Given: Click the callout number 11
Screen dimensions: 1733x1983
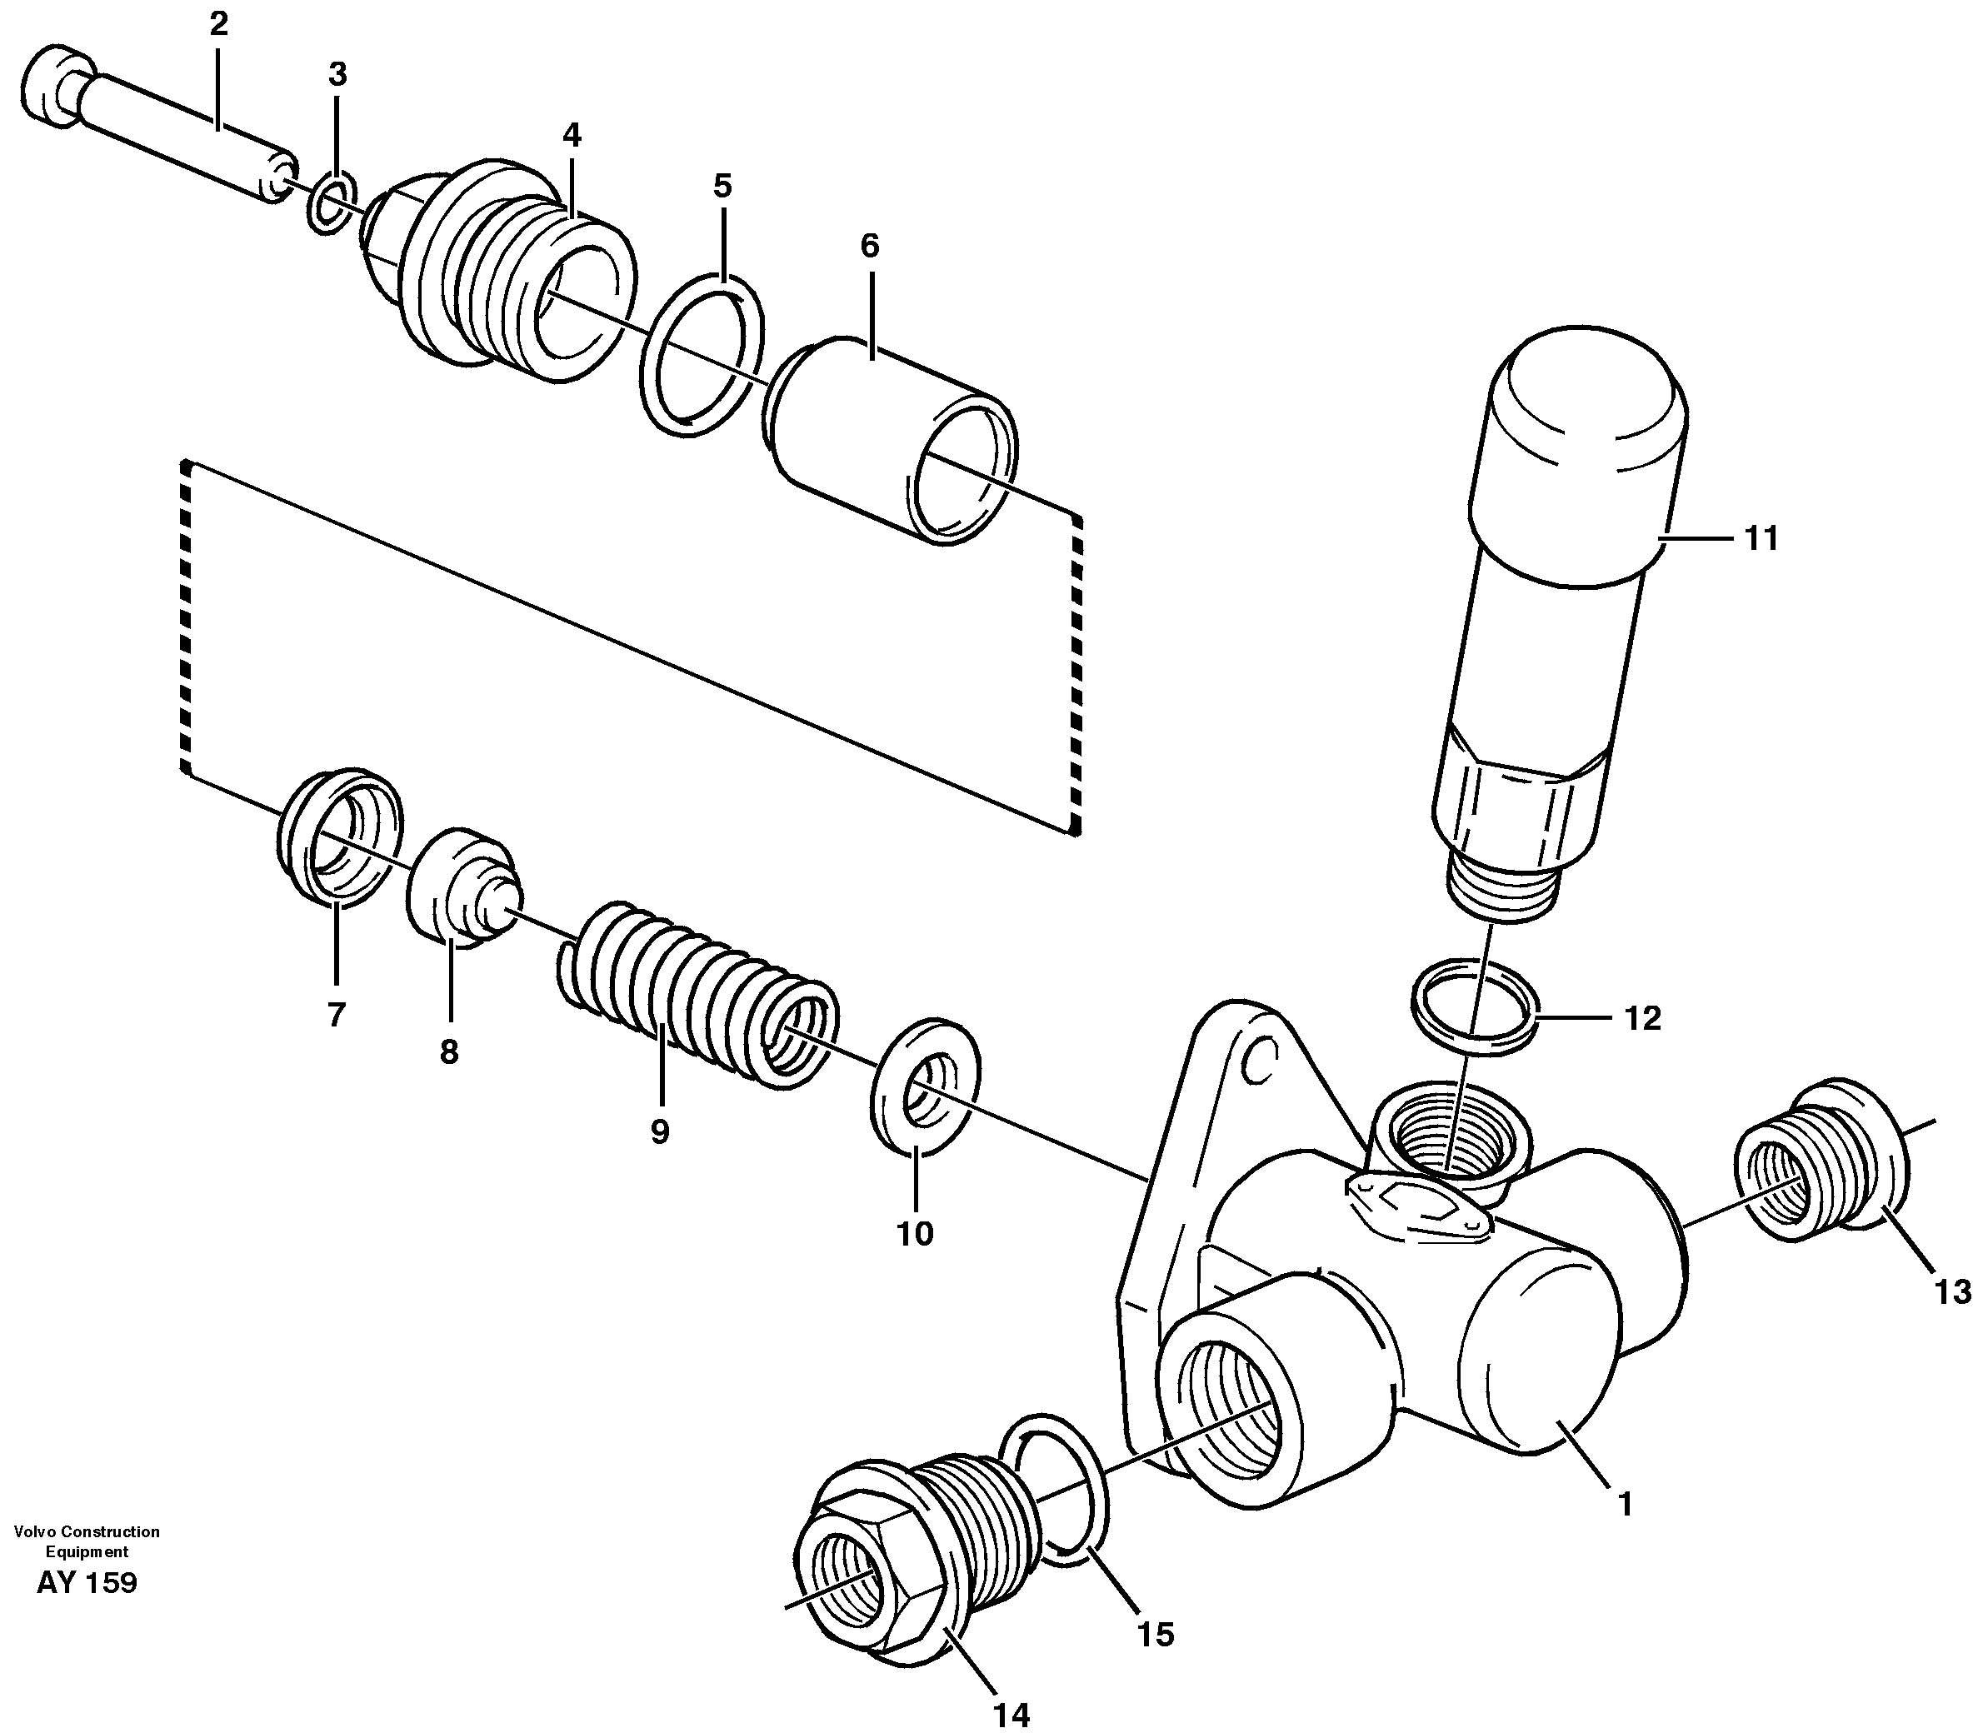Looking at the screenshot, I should coord(1761,540).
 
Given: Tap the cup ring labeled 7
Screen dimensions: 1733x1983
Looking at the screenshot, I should coord(338,837).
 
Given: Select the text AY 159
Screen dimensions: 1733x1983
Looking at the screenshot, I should coord(87,1583).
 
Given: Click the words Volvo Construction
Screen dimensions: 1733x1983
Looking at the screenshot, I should coord(87,1531).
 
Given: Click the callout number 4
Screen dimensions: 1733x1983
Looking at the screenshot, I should coord(572,135).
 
